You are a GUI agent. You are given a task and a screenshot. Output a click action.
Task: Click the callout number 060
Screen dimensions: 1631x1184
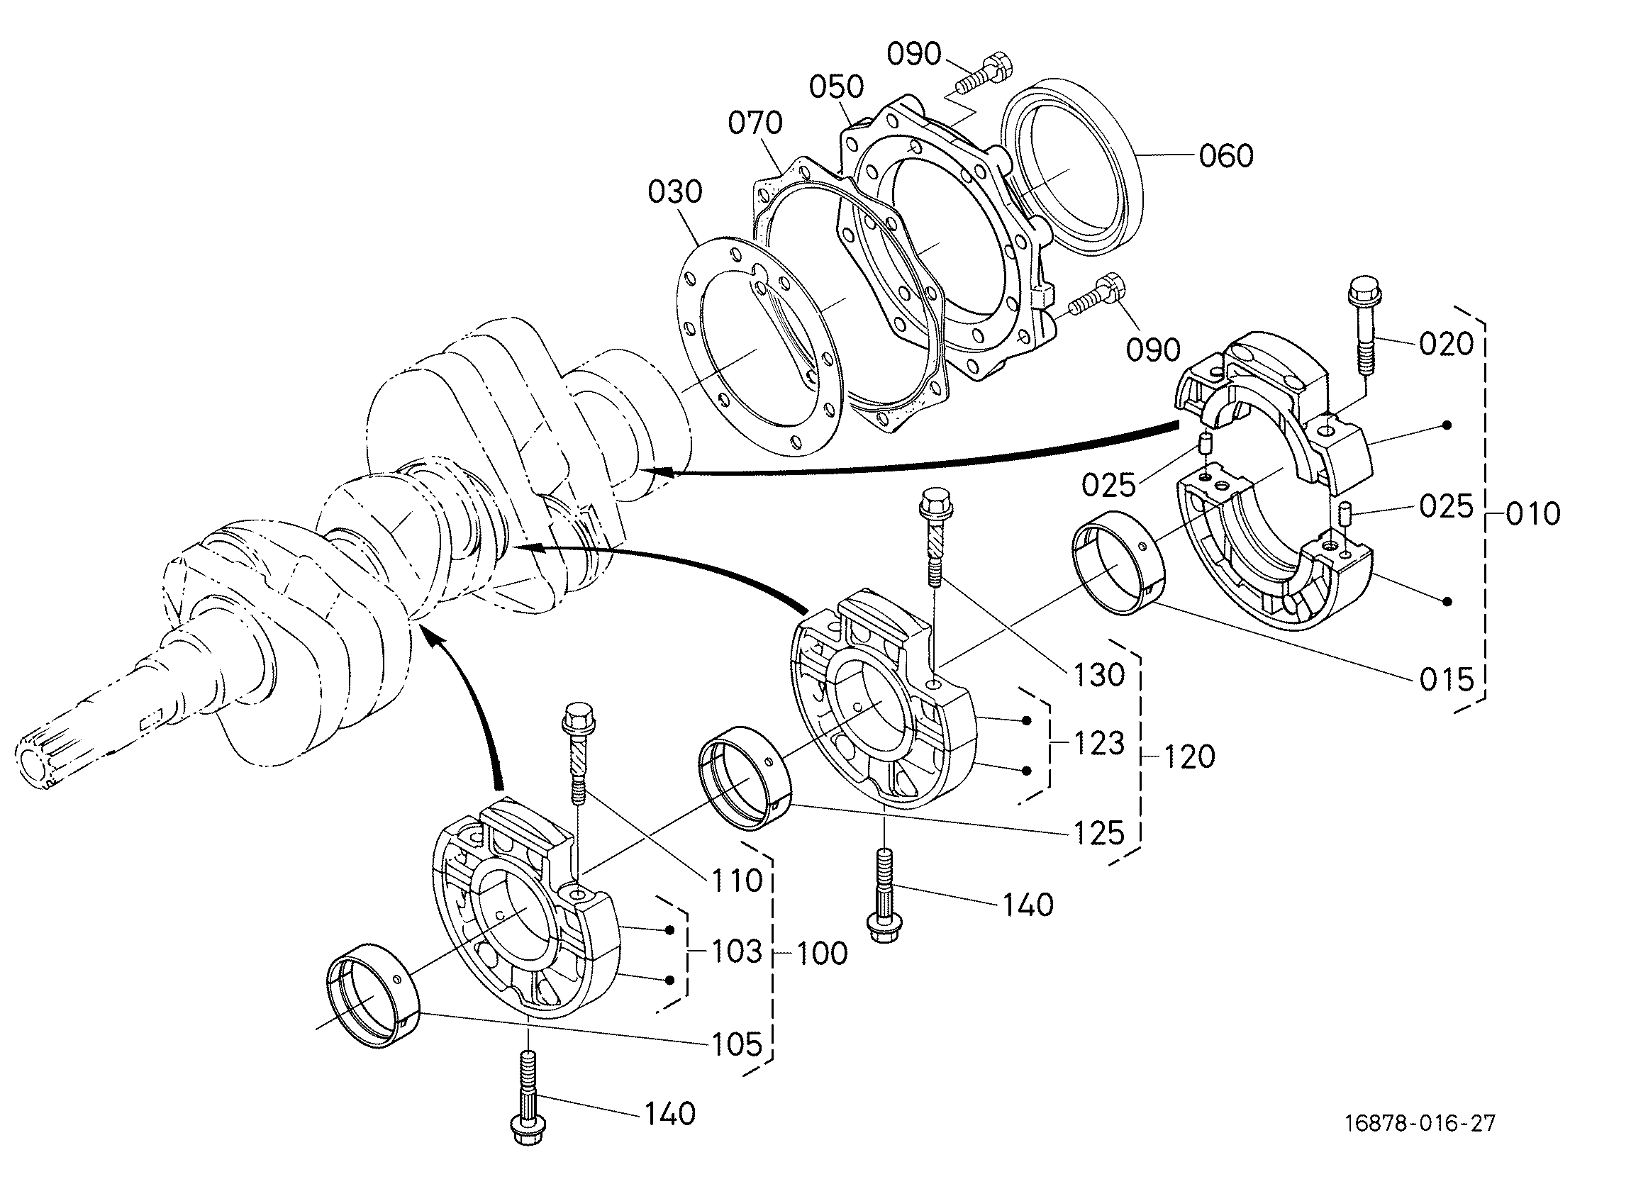click(1226, 155)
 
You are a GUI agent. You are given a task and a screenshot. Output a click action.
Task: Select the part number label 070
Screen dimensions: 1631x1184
click(755, 123)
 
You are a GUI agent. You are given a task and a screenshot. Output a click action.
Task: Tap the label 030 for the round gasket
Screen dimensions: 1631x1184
click(675, 192)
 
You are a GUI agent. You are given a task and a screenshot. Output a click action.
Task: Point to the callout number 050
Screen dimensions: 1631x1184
click(836, 86)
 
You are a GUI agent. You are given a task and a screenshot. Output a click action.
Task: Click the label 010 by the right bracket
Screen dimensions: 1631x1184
click(1533, 514)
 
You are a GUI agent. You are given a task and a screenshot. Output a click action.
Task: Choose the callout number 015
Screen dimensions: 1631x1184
click(1447, 679)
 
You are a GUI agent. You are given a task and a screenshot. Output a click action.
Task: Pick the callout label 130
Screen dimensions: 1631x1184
click(1099, 674)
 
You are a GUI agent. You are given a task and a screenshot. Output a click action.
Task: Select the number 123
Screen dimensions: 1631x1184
click(1099, 743)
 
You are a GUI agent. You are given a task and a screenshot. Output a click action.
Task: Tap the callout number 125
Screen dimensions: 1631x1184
click(1099, 833)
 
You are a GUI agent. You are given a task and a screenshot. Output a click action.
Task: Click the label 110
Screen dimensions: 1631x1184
click(737, 880)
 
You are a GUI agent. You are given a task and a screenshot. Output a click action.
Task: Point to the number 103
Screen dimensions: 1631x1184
click(737, 951)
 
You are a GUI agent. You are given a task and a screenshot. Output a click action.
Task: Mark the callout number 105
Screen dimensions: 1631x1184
click(737, 1044)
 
